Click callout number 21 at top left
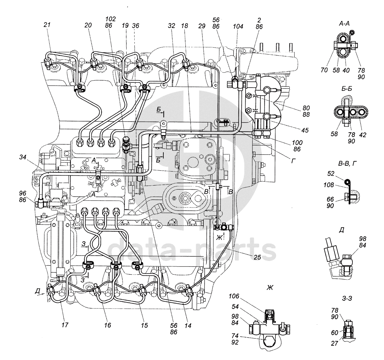pos(47,25)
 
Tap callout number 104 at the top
pos(238,26)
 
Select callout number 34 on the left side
pos(23,157)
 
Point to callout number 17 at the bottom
pos(65,325)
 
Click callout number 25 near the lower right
pos(257,257)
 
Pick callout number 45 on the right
pos(305,130)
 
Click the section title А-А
pos(344,24)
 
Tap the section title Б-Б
pos(347,89)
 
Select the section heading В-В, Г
pos(347,163)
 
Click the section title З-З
pos(347,298)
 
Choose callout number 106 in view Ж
pos(234,296)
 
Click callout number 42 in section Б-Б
pos(362,135)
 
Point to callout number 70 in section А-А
pos(324,70)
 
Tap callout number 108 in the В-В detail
pos(329,185)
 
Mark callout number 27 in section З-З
pos(334,343)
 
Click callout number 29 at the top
pos(202,26)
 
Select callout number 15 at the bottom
pos(144,325)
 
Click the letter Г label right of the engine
pos(294,161)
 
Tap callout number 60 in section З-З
pos(335,333)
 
